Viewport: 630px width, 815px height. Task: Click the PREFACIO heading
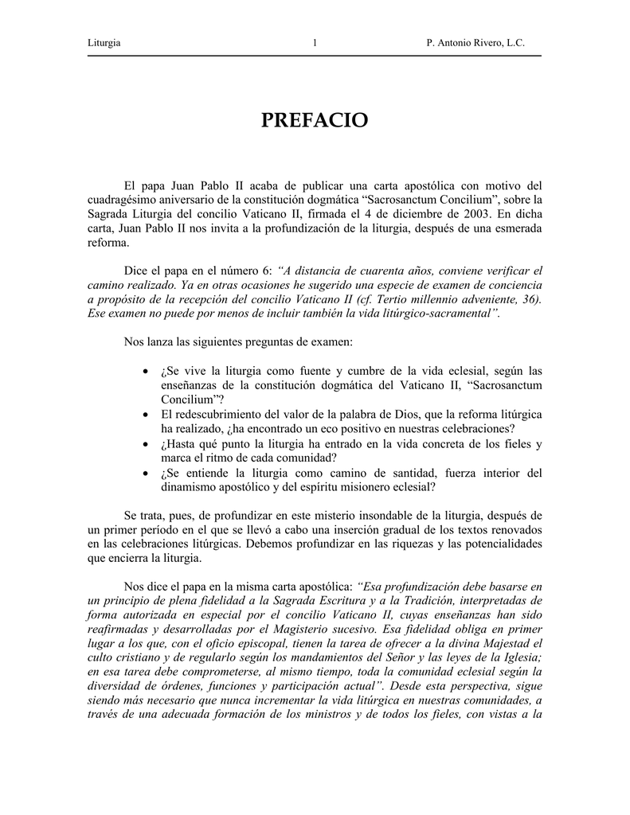coord(315,121)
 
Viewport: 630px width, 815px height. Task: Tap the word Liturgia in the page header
coord(104,42)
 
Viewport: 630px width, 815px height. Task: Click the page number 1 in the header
coord(315,42)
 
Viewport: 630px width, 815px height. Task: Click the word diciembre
coord(413,213)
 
